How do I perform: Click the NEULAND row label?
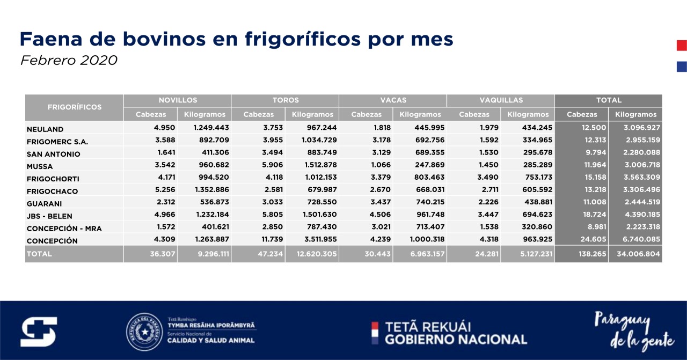click(45, 129)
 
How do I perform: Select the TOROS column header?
click(285, 100)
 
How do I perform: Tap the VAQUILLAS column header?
click(500, 100)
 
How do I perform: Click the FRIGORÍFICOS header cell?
click(75, 107)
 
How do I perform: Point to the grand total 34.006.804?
click(637, 254)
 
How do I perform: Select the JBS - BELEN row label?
click(49, 216)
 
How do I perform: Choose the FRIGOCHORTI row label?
click(52, 179)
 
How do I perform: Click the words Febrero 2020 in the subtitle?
click(69, 60)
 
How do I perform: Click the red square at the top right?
click(682, 46)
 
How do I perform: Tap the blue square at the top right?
click(682, 67)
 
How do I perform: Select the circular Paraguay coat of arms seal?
click(144, 332)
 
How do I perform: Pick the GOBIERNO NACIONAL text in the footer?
click(456, 339)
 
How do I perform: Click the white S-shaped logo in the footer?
click(39, 332)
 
